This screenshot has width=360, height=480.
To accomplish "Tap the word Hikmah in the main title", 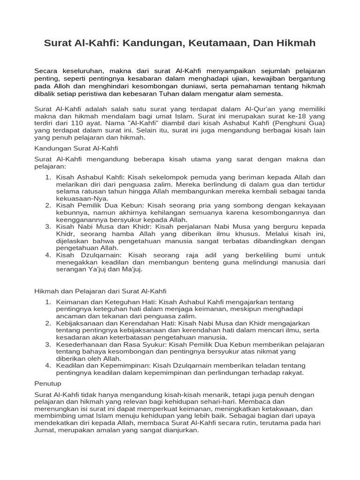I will tap(294, 43).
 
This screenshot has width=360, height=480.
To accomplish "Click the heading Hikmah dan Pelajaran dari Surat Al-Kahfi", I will tap(100, 291).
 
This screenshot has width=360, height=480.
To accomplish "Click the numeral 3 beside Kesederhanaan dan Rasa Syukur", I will tap(48, 344).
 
